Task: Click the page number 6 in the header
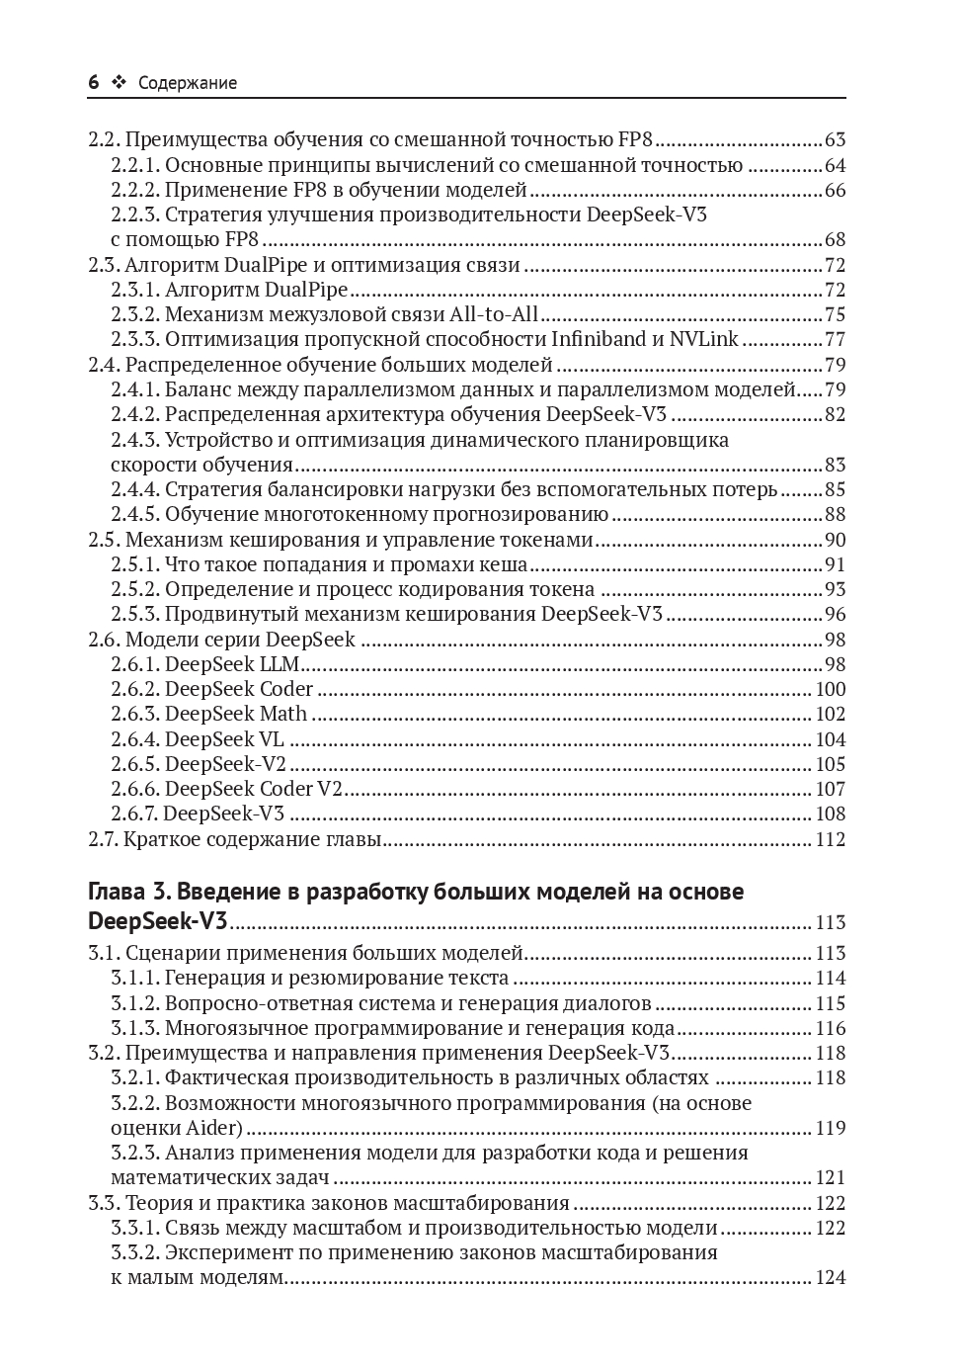94,83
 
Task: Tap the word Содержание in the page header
188,83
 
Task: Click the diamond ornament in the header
120,83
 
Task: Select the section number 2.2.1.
134,165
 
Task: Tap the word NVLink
704,340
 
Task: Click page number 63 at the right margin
835,140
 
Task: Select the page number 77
835,340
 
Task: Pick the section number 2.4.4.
134,489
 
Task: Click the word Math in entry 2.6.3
283,714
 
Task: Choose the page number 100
831,689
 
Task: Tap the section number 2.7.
104,839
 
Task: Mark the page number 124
831,1277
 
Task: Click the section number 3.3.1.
134,1228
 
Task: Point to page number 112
831,839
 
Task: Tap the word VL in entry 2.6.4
272,739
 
